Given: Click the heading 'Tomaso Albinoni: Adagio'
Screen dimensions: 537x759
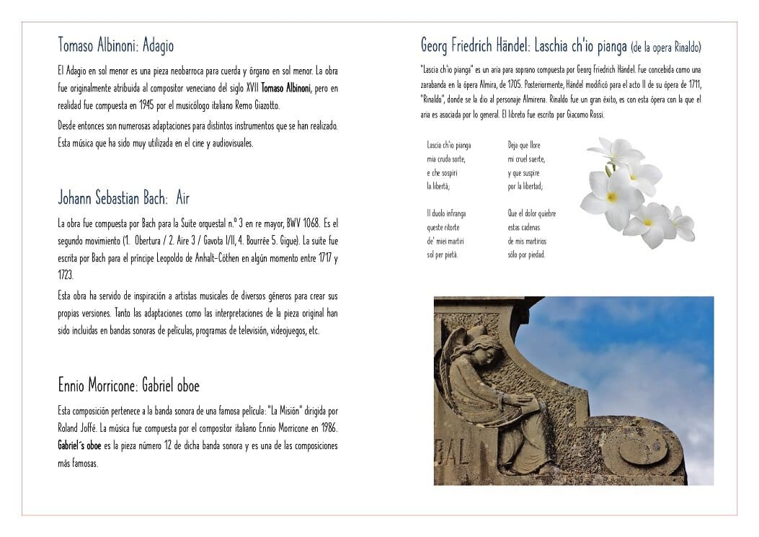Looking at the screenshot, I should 115,45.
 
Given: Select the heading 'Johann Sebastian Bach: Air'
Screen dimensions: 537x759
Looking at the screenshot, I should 123,198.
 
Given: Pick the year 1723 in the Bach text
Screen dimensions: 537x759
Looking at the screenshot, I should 65,275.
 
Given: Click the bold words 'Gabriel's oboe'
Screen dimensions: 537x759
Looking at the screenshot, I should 79,445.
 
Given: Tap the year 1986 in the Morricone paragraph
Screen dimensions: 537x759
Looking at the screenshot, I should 329,428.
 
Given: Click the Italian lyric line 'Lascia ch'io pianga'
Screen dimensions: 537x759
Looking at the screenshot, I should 448,145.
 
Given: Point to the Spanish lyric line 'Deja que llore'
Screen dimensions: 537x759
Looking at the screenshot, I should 524,145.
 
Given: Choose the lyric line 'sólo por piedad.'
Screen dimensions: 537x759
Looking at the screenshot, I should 526,254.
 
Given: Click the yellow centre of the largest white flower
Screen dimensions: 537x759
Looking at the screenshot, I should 611,196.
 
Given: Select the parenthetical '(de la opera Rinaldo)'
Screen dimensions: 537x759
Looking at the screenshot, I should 665,48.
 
